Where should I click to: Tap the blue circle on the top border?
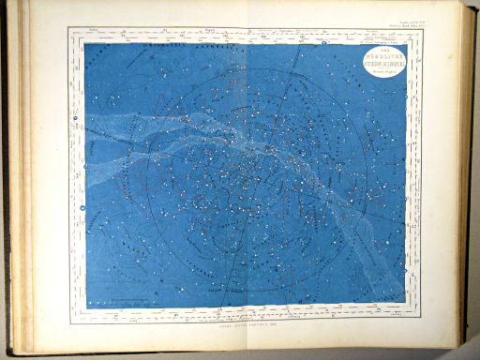pos(322,42)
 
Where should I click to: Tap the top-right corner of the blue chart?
pos(406,44)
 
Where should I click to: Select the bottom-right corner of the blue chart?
pos(406,303)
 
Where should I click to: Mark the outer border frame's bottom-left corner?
pos(71,322)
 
